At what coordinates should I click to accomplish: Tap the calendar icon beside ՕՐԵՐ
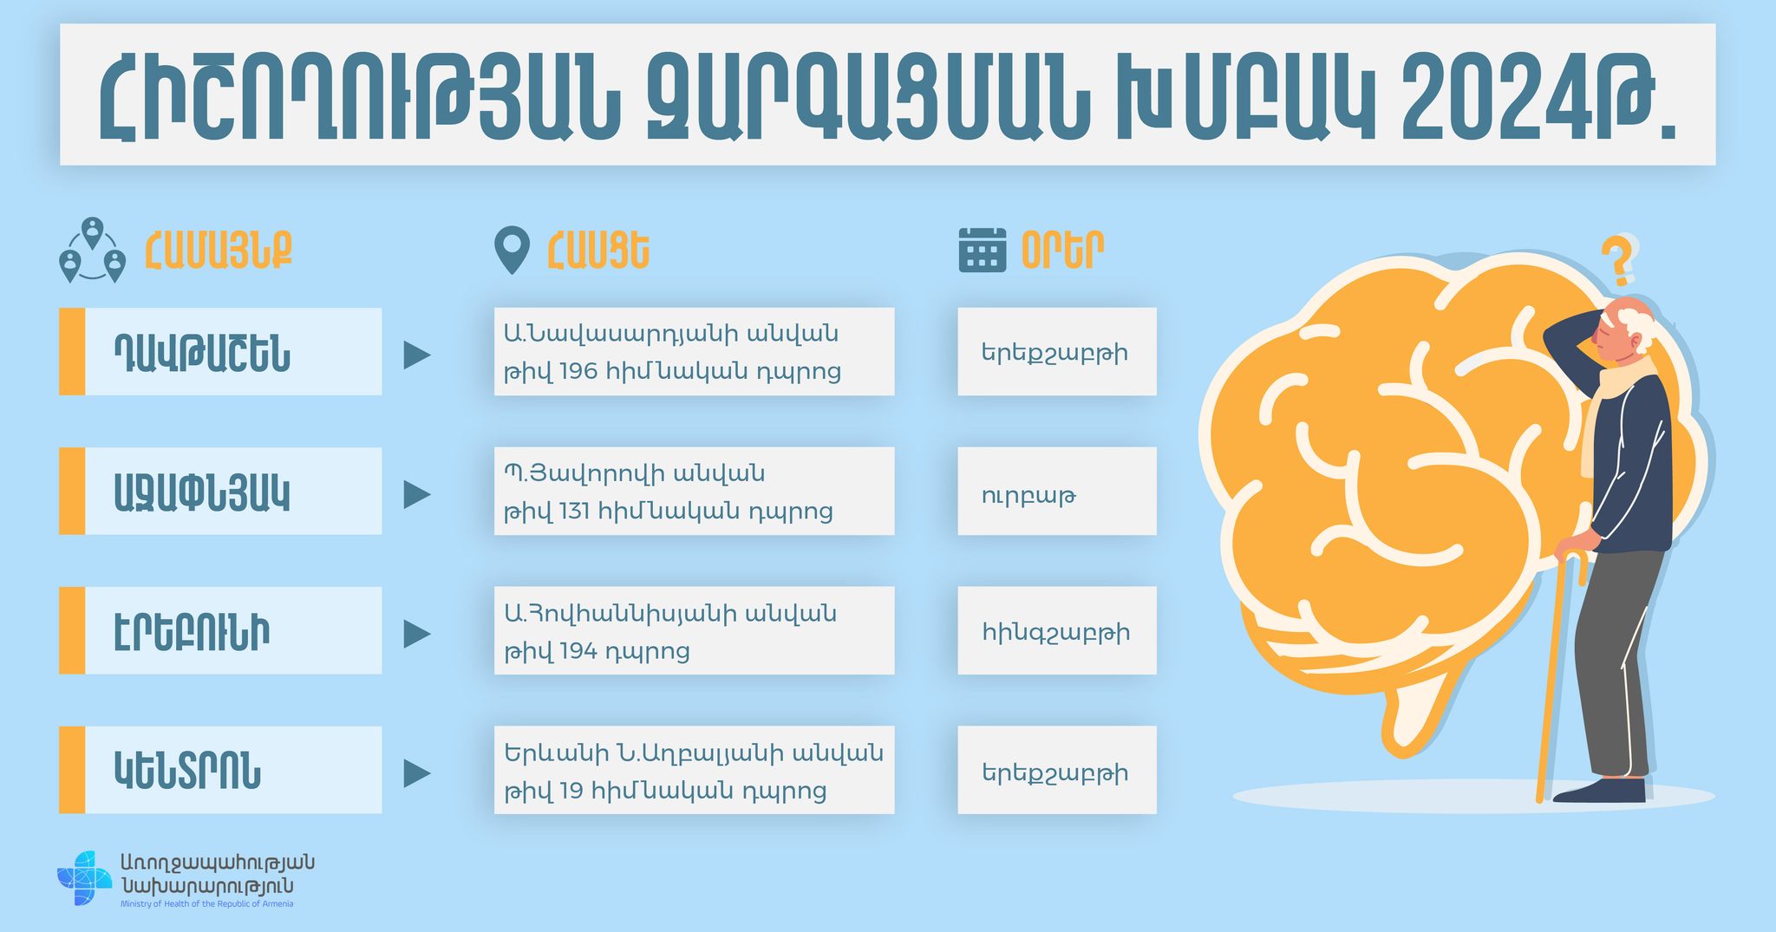click(983, 250)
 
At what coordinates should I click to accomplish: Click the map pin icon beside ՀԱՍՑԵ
click(512, 251)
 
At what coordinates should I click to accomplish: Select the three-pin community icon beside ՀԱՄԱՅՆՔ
click(92, 251)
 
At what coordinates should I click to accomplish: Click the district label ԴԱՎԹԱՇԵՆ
click(202, 353)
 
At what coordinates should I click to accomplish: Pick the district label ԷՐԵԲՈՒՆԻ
click(192, 632)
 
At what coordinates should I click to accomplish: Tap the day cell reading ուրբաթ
click(1057, 491)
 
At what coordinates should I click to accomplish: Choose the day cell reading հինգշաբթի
click(1057, 630)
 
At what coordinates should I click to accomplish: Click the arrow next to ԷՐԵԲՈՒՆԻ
click(417, 634)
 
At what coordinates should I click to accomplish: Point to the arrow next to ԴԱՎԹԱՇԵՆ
click(417, 355)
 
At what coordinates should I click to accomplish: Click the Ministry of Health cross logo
click(84, 878)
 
